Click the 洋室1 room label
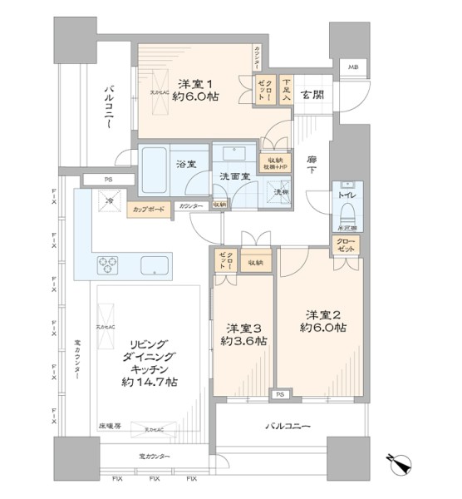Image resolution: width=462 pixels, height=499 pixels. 195,86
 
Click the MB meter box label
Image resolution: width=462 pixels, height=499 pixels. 353,67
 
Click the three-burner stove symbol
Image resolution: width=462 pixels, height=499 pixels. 110,265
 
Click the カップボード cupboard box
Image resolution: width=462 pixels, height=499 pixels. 150,209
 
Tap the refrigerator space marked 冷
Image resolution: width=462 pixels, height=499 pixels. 108,201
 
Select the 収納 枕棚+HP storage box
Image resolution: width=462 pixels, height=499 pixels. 274,165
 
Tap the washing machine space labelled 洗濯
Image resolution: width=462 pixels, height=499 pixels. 270,193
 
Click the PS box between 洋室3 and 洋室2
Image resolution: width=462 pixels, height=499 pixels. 281,394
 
